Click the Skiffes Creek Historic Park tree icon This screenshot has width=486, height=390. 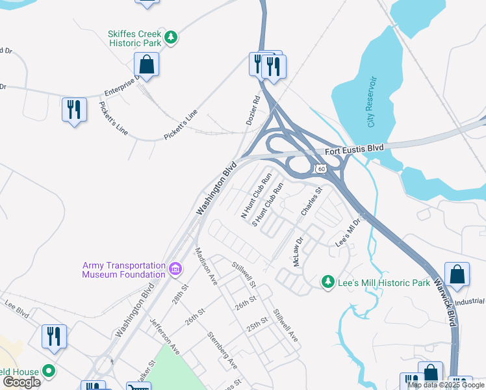click(171, 38)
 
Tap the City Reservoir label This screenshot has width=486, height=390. click(372, 101)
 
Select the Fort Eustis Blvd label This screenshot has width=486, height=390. click(354, 149)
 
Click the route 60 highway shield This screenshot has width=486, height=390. click(320, 169)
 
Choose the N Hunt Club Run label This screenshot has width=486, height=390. click(256, 195)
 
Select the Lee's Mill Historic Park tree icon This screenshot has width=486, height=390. click(329, 282)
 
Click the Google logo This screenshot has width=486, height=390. click(21, 382)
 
